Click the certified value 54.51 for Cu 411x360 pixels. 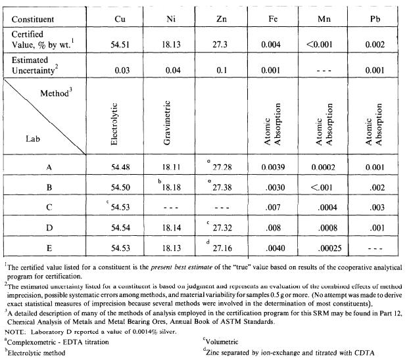[121, 44]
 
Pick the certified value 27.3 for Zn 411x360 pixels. [222, 44]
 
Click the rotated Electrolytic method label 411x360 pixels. [120, 121]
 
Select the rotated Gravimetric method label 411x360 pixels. [172, 121]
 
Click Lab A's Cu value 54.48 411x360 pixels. [121, 168]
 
